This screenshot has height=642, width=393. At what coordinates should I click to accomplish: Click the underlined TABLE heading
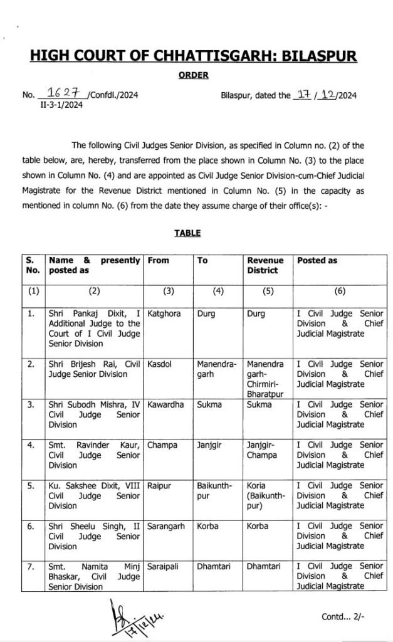[187, 233]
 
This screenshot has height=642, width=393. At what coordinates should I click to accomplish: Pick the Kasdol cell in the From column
[160, 364]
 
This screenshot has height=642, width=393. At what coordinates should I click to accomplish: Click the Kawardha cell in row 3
[165, 404]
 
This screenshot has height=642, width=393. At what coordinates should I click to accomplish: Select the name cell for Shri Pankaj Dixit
[94, 328]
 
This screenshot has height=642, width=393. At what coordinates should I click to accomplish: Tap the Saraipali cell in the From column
[163, 566]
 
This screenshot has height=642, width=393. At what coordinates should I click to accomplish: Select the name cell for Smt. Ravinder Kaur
[94, 455]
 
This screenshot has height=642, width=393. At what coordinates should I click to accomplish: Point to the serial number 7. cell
[31, 566]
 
